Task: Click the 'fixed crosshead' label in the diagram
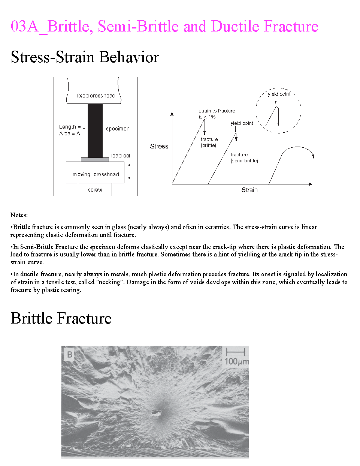click(x=96, y=96)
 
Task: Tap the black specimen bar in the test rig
click(x=95, y=130)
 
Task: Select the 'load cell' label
click(x=121, y=156)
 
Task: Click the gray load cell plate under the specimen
click(x=95, y=160)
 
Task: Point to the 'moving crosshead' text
click(x=96, y=174)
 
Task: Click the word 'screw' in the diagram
click(x=95, y=190)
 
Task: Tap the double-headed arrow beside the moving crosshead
click(x=129, y=171)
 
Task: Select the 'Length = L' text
click(x=72, y=127)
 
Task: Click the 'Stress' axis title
click(x=159, y=146)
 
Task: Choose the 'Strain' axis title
click(x=249, y=190)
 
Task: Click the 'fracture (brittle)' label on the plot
click(x=209, y=142)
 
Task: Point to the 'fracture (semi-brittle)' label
click(x=244, y=157)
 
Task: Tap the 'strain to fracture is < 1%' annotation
click(x=217, y=114)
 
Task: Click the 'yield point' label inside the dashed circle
click(x=279, y=94)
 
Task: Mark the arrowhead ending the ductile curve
click(x=313, y=156)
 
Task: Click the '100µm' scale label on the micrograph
click(x=236, y=361)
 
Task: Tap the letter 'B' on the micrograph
click(x=70, y=354)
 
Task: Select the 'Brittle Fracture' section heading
click(x=61, y=318)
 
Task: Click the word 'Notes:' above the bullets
click(x=19, y=215)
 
